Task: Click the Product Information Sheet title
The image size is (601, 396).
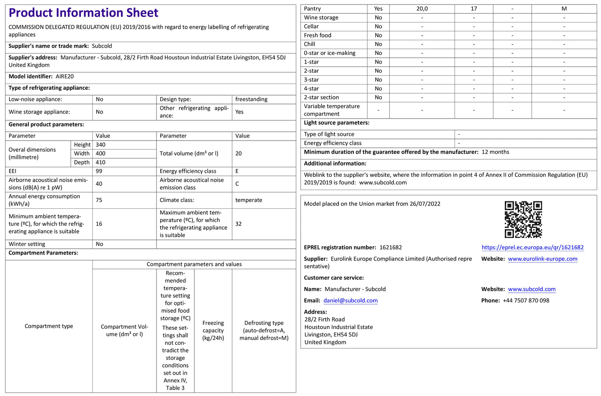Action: pos(83,13)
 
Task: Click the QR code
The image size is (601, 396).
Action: pos(523,219)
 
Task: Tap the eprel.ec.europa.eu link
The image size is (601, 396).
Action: pos(532,247)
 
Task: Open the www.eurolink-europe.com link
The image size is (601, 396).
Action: pos(542,259)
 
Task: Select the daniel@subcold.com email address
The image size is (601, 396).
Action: pos(350,301)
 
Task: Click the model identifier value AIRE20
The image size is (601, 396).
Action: pos(65,77)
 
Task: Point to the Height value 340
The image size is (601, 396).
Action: pos(101,145)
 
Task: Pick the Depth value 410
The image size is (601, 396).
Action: pos(101,162)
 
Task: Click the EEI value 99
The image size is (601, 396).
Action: pos(99,171)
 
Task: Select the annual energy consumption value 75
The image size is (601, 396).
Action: pos(99,200)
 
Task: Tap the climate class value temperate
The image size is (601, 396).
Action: pos(249,200)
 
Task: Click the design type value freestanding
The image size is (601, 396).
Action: pos(251,99)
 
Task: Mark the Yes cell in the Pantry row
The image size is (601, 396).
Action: pos(378,9)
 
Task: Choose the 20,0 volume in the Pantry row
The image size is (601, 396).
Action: pos(422,9)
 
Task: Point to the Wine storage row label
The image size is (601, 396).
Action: pos(321,17)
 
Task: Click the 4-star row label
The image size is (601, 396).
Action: pos(312,89)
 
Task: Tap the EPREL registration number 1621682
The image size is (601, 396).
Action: pos(391,247)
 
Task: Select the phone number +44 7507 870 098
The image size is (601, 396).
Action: pos(526,301)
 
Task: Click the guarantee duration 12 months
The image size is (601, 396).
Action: pos(495,152)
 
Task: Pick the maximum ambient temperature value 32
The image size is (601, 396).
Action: pos(238,224)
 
